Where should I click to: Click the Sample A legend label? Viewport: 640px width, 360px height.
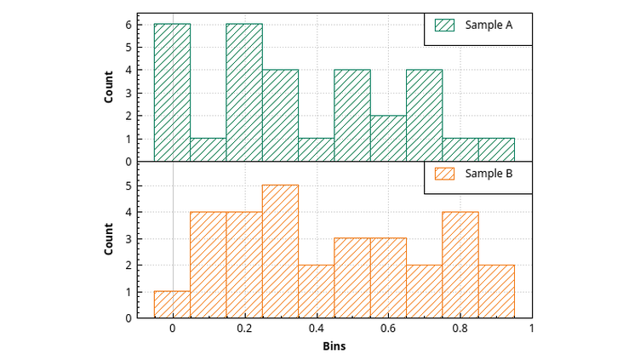point(489,26)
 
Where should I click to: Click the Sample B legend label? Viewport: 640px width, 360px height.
point(489,174)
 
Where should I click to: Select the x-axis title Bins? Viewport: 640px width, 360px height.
point(334,346)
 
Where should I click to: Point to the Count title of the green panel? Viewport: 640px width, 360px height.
point(109,86)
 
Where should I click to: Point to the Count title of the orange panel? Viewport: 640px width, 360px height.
point(109,239)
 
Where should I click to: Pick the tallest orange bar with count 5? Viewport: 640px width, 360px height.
point(280,251)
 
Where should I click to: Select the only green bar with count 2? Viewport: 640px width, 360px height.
point(388,138)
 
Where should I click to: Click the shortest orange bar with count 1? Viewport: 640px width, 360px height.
point(172,305)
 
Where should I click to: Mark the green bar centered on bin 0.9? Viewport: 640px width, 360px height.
point(496,150)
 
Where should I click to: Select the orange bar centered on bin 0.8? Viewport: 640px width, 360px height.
point(460,265)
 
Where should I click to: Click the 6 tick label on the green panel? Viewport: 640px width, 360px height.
point(128,25)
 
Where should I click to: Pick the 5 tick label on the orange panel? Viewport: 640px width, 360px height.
point(128,185)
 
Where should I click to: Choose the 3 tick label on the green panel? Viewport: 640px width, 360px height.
point(128,93)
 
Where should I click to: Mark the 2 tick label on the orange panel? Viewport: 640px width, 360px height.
point(128,265)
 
